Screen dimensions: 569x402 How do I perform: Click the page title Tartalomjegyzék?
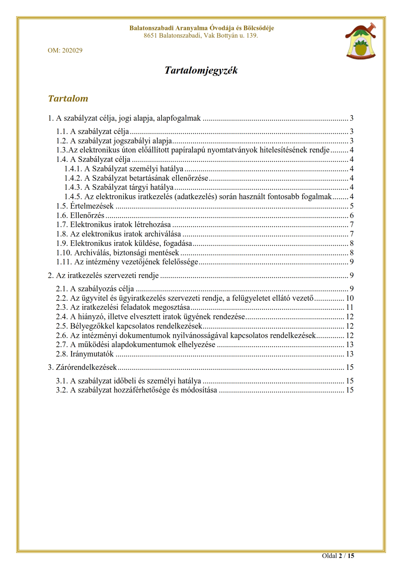pyautogui.click(x=201, y=70)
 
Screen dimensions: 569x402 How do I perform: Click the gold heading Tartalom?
pyautogui.click(x=68, y=98)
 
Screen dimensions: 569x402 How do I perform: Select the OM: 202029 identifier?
pyautogui.click(x=65, y=50)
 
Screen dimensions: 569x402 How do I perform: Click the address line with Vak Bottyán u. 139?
pyautogui.click(x=201, y=36)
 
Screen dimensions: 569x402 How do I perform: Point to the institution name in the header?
pyautogui.click(x=201, y=28)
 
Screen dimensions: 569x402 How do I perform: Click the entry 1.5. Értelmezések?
pyautogui.click(x=85, y=206)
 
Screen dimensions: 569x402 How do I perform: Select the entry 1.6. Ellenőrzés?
pyautogui.click(x=80, y=215)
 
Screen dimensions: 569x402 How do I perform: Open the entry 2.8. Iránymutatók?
pyautogui.click(x=85, y=354)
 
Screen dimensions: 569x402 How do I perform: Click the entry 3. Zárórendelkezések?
pyautogui.click(x=82, y=367)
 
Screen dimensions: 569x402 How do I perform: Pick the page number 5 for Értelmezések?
pyautogui.click(x=351, y=206)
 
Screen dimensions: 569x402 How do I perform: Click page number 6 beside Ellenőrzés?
pyautogui.click(x=351, y=215)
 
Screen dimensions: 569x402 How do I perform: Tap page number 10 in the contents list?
pyautogui.click(x=349, y=298)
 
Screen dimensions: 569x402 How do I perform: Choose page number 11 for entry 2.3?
pyautogui.click(x=349, y=308)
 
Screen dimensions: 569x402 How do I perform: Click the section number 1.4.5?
pyautogui.click(x=73, y=197)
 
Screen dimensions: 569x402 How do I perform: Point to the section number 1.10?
pyautogui.click(x=64, y=253)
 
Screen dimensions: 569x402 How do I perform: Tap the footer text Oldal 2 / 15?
pyautogui.click(x=338, y=556)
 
